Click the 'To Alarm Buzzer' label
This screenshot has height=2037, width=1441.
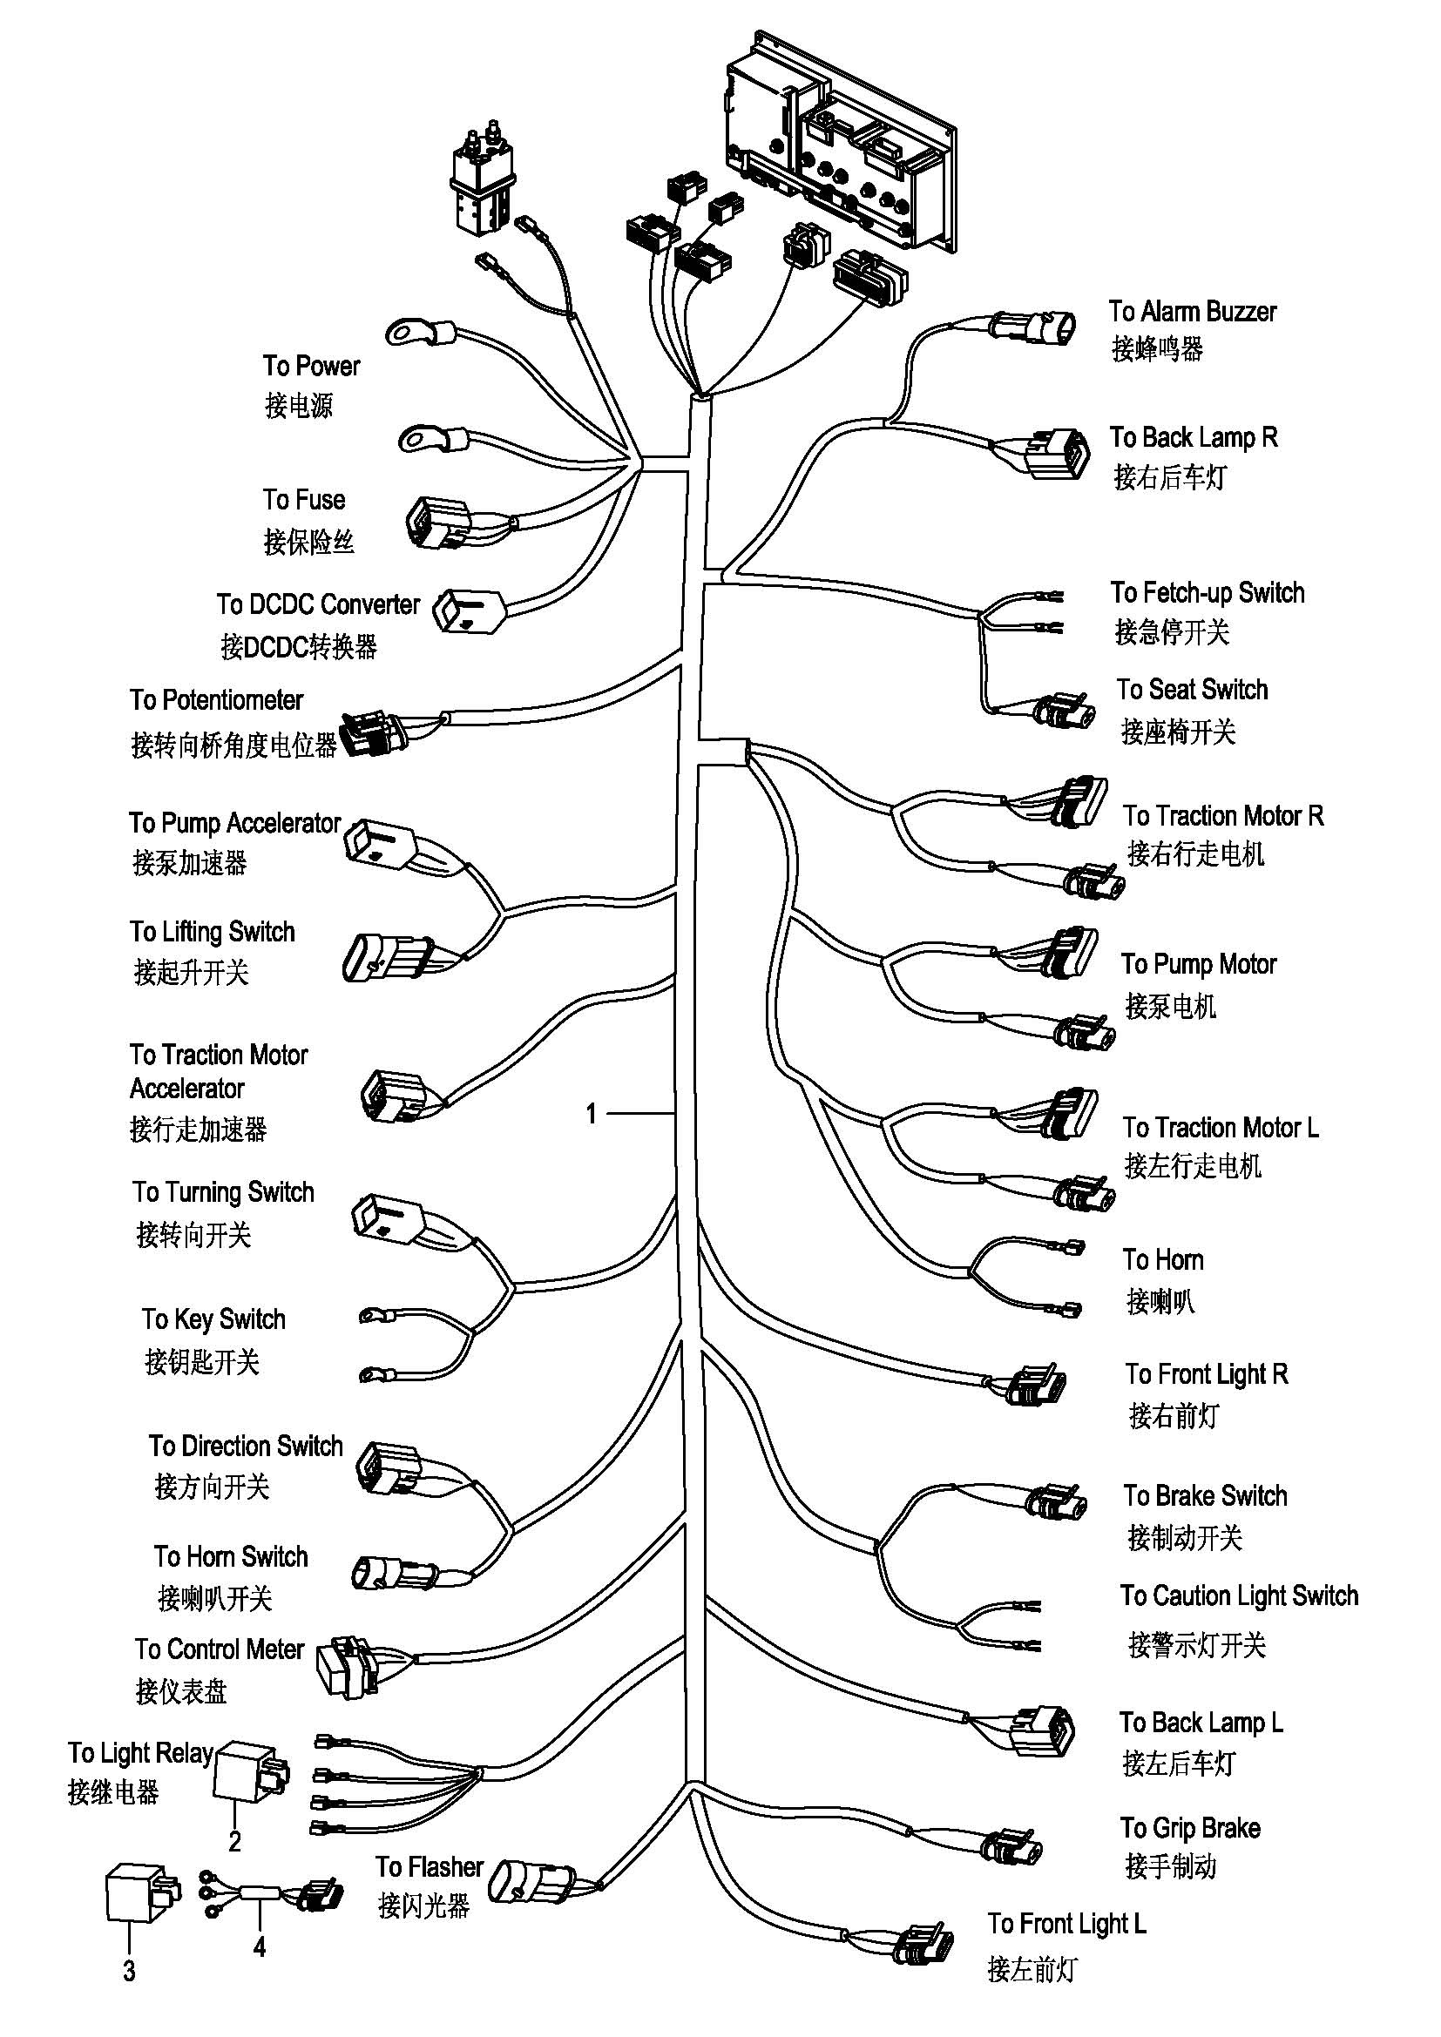[x=1192, y=312]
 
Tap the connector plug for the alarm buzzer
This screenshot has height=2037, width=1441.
[x=1034, y=328]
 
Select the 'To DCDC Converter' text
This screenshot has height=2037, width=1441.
[x=318, y=605]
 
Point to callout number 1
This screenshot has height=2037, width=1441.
[x=592, y=1114]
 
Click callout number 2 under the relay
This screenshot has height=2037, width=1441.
[x=234, y=1842]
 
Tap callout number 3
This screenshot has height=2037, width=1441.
[x=130, y=1972]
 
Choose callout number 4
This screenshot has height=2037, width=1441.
[x=259, y=1946]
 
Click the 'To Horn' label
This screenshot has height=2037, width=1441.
[x=1162, y=1260]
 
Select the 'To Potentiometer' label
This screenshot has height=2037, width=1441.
[x=217, y=700]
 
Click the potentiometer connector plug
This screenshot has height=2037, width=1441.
[x=374, y=732]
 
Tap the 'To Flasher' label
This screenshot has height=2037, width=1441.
[x=429, y=1866]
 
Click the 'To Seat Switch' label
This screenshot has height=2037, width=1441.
[x=1192, y=690]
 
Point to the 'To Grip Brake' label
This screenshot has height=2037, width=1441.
[x=1189, y=1828]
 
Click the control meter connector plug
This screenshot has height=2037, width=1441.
[x=350, y=1667]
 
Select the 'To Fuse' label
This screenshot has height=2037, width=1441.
[x=303, y=500]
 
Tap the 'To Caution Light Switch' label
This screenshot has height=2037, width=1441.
[x=1239, y=1596]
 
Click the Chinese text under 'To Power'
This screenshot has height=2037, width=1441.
[x=298, y=406]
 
